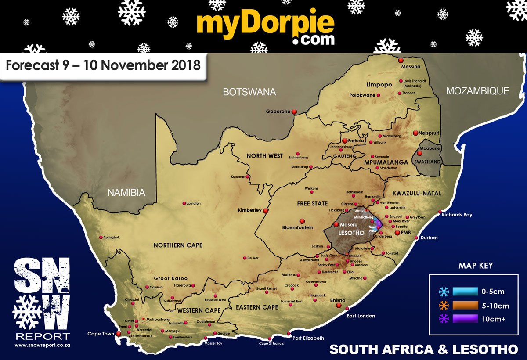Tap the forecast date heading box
click(x=103, y=66)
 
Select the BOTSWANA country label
click(x=249, y=92)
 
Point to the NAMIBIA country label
click(x=126, y=192)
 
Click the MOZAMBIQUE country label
click(x=477, y=91)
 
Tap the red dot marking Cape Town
click(x=118, y=334)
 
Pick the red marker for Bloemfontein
click(x=302, y=221)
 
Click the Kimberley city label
click(x=249, y=210)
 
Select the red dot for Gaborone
click(x=295, y=112)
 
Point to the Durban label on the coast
click(x=429, y=238)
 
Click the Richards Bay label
click(x=457, y=215)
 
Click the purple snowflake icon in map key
click(x=444, y=319)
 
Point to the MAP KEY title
click(x=476, y=266)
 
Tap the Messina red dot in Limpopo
click(x=401, y=60)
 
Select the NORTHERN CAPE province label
click(x=178, y=245)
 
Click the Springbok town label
click(x=112, y=238)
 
